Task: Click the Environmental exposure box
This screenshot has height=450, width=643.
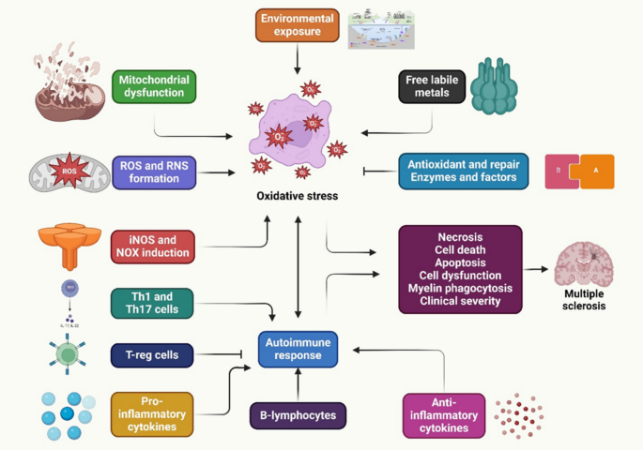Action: pyautogui.click(x=298, y=24)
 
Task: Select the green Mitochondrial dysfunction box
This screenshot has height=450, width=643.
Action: pyautogui.click(x=155, y=86)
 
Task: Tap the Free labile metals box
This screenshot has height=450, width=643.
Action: pyautogui.click(x=431, y=86)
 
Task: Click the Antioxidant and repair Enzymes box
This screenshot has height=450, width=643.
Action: pyautogui.click(x=463, y=172)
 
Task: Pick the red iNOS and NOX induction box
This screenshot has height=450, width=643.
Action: pyautogui.click(x=152, y=247)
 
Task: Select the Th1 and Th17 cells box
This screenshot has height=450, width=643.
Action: pyautogui.click(x=152, y=304)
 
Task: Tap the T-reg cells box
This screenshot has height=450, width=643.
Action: pyautogui.click(x=152, y=355)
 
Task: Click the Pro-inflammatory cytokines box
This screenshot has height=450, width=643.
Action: pyautogui.click(x=151, y=413)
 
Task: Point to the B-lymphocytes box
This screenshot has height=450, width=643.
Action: pyautogui.click(x=298, y=413)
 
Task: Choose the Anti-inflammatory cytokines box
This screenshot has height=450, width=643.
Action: pyautogui.click(x=443, y=415)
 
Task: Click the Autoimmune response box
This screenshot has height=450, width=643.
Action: pyautogui.click(x=298, y=348)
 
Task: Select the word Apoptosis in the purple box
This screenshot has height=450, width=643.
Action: pyautogui.click(x=460, y=264)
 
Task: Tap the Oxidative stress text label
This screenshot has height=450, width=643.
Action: pyautogui.click(x=297, y=196)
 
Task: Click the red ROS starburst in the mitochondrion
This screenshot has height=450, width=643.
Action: pyautogui.click(x=69, y=172)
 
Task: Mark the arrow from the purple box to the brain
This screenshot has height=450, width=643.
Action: pyautogui.click(x=536, y=268)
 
